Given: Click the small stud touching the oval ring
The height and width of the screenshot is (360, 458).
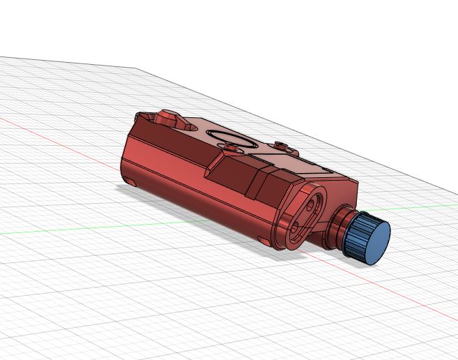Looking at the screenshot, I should (x=231, y=145).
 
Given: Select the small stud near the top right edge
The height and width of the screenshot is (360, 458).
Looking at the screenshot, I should (x=282, y=146).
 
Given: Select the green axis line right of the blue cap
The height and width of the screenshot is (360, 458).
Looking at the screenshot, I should (x=425, y=207).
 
